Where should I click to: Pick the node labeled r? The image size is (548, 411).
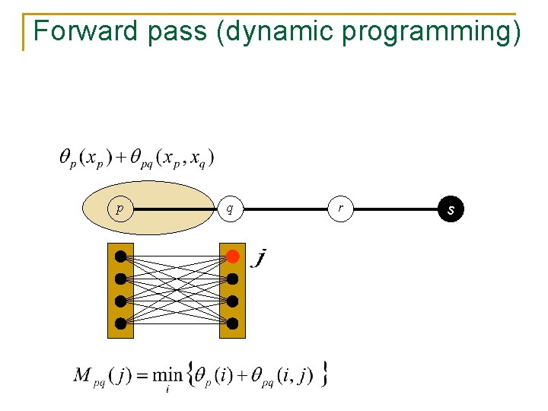(341, 208)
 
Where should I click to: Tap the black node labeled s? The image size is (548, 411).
(451, 208)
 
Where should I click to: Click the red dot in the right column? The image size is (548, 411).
(233, 256)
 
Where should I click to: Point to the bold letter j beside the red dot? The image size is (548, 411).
(260, 259)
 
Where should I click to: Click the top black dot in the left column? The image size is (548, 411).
(120, 256)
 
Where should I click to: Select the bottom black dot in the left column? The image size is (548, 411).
(120, 323)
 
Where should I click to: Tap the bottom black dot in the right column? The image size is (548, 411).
(233, 323)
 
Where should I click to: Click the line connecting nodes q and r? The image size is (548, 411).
(285, 208)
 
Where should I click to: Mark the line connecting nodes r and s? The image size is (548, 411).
(396, 208)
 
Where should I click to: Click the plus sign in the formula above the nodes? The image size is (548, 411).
(120, 158)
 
